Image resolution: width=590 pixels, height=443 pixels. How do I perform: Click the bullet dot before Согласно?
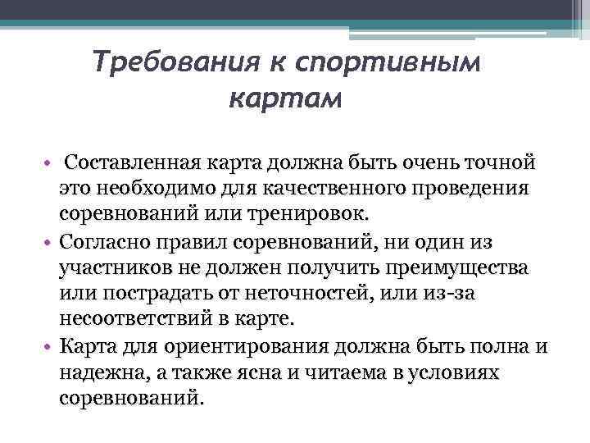(x=48, y=244)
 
